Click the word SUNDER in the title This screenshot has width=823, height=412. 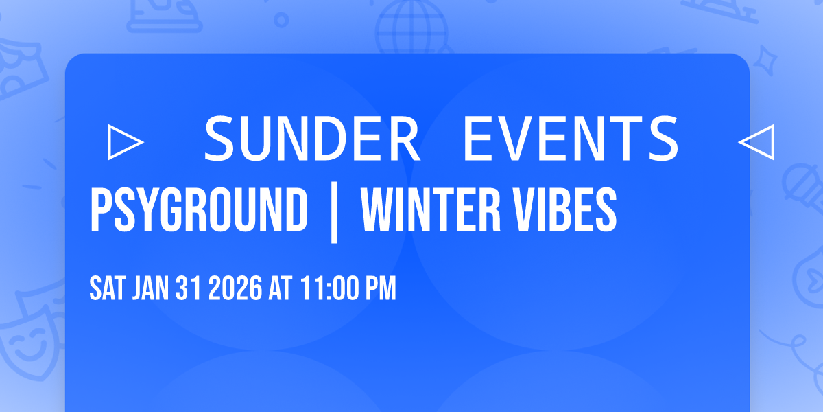coord(312,138)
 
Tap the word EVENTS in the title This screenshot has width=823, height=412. coord(570,138)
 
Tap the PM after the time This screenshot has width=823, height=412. coord(380,290)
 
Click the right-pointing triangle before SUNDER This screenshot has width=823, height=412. coord(126,141)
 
